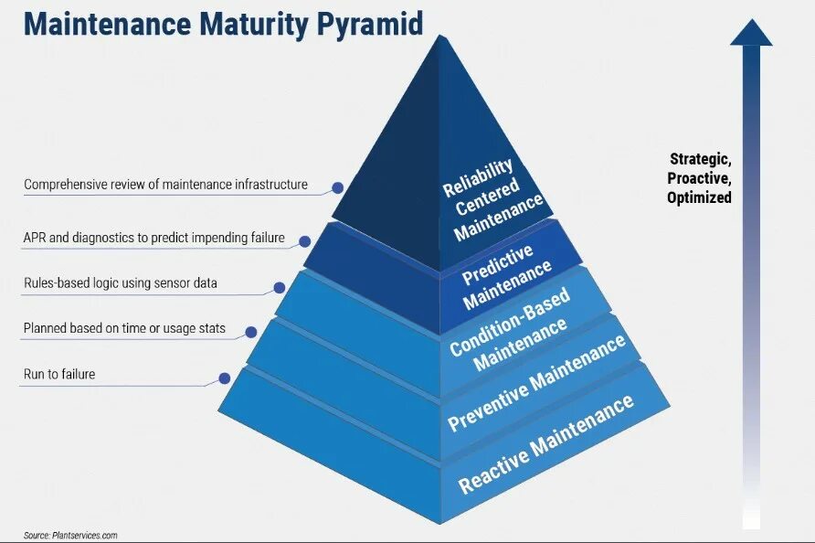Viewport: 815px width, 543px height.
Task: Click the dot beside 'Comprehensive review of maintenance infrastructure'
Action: click(337, 187)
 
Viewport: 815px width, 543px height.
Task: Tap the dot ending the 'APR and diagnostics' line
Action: click(305, 240)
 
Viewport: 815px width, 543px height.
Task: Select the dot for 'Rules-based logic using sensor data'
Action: click(280, 287)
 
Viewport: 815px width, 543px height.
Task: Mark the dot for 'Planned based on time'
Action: click(249, 331)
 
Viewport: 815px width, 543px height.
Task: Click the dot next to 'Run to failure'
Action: click(223, 378)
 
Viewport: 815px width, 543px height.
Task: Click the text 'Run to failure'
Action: click(59, 374)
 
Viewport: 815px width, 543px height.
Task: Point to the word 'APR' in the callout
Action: click(36, 238)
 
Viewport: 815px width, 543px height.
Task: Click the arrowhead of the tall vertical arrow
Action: click(751, 32)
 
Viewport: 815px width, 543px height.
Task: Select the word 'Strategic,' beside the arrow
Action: click(700, 159)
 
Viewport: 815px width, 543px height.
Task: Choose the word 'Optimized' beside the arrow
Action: click(700, 197)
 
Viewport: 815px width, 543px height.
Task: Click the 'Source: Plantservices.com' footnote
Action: click(71, 536)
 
